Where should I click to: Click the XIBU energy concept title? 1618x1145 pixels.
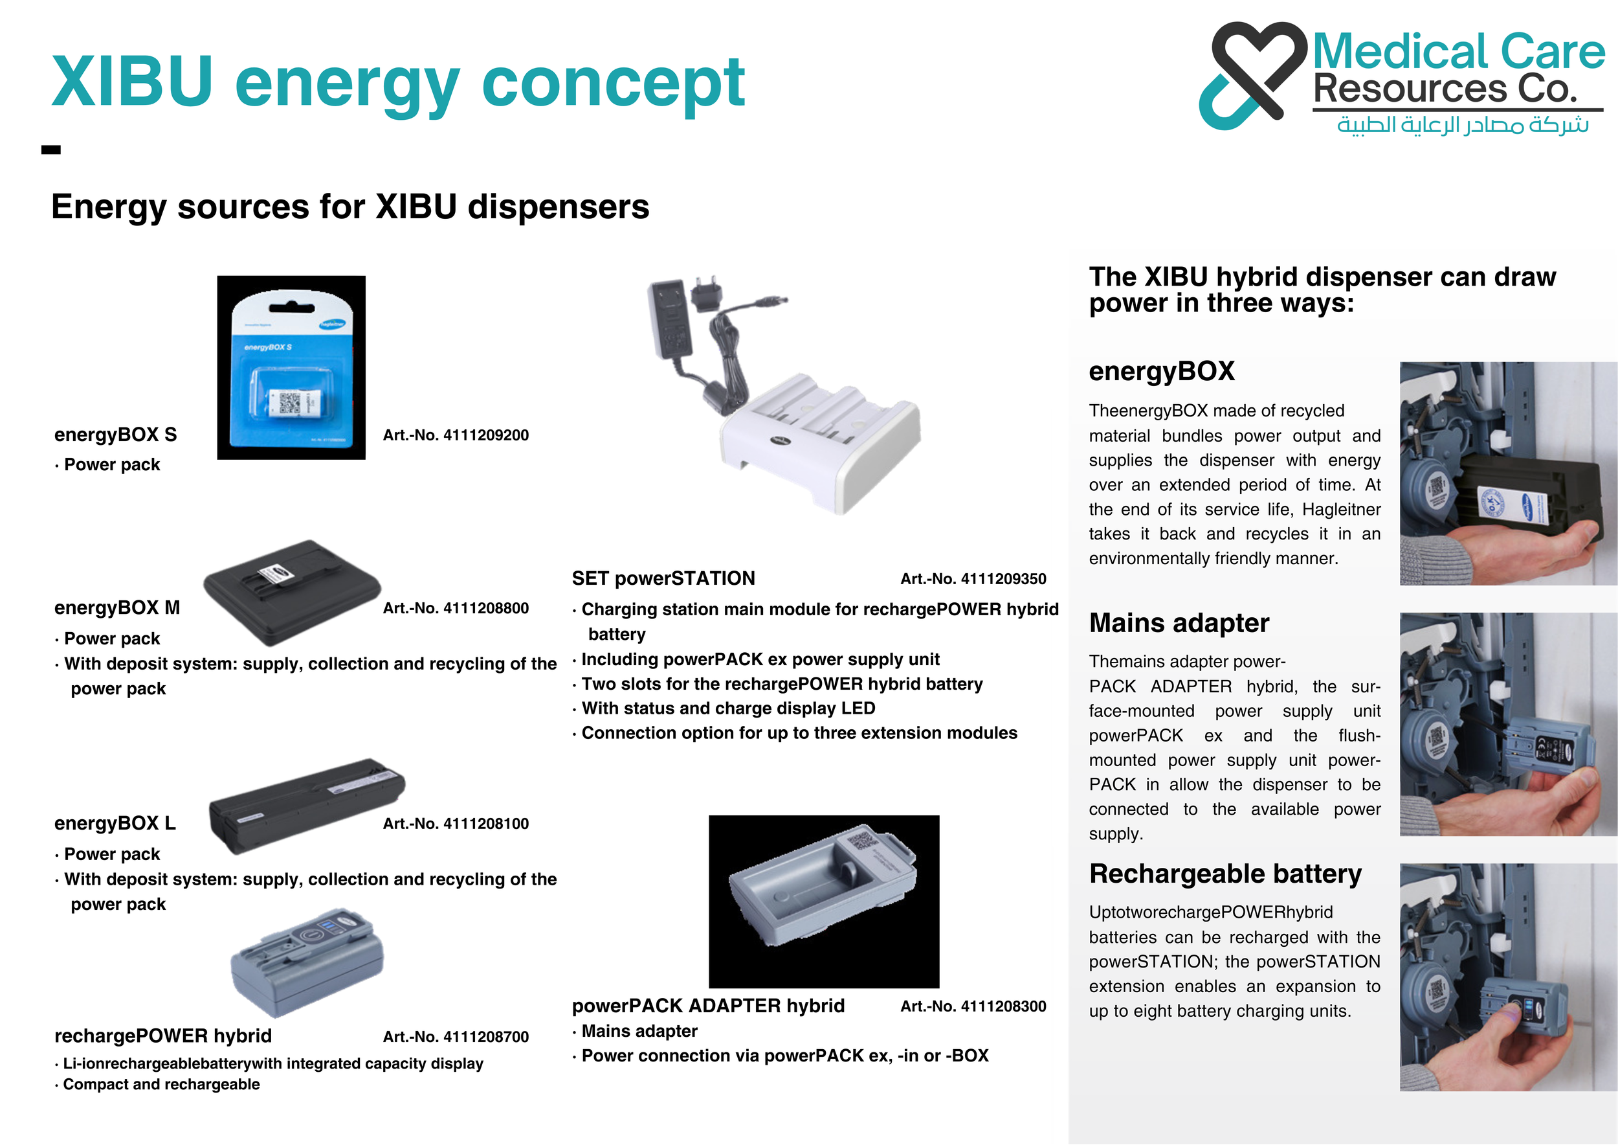point(398,83)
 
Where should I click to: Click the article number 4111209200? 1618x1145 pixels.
point(455,435)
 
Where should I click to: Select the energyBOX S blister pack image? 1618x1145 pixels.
point(291,367)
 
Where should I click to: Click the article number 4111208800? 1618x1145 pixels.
point(455,607)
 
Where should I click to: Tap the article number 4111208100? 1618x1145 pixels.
point(455,824)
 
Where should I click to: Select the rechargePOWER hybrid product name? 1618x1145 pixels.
point(163,1036)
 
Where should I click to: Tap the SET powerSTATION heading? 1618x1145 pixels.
point(663,579)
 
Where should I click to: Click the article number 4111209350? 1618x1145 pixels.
point(973,579)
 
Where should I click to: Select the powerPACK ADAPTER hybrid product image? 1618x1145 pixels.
point(824,901)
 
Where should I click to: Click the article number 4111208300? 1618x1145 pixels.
point(973,1006)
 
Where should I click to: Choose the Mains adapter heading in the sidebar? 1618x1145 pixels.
point(1179,623)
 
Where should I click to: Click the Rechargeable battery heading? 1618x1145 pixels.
point(1225,874)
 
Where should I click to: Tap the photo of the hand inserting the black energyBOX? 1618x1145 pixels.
point(1507,474)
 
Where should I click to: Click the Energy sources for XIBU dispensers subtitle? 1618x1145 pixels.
point(350,207)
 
